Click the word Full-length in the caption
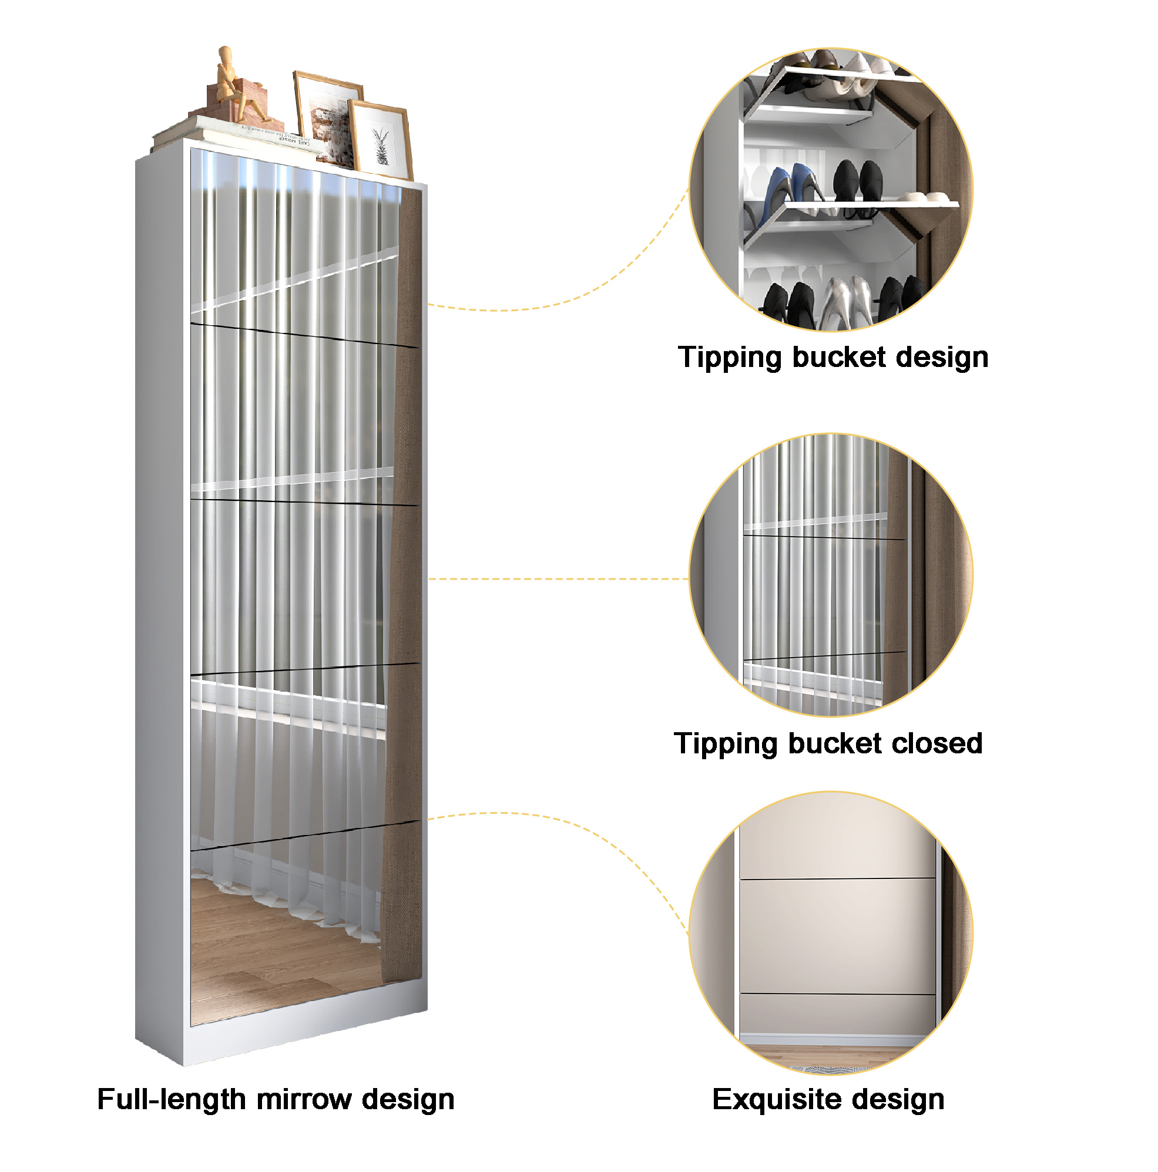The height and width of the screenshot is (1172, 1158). click(x=170, y=1099)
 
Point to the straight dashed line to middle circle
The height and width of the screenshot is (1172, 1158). click(x=559, y=579)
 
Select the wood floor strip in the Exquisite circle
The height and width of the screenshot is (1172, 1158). click(x=831, y=1056)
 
